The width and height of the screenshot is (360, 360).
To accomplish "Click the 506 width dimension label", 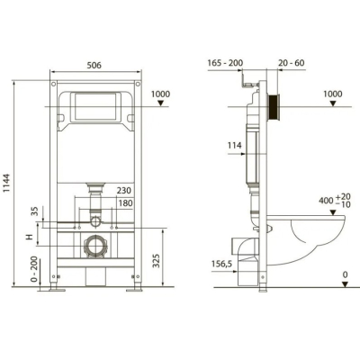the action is click(94, 65).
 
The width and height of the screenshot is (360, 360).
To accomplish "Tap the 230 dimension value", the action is click(124, 191).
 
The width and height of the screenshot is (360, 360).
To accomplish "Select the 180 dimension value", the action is click(125, 203).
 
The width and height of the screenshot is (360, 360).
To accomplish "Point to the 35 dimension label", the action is click(35, 211).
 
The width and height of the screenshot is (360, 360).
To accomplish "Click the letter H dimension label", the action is click(30, 238).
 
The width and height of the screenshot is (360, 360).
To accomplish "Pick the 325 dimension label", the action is click(157, 261).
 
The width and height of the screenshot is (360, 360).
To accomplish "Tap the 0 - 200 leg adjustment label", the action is click(34, 269).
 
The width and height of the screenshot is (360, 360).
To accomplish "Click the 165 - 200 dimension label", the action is click(225, 63).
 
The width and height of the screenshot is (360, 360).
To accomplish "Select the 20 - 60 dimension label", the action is click(291, 63).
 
